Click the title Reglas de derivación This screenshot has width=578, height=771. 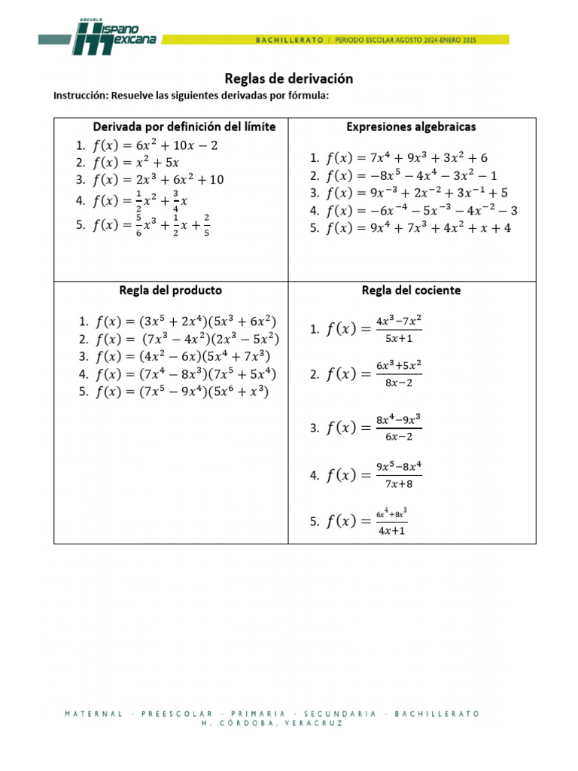point(289,78)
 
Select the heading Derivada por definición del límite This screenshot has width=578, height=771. point(184,126)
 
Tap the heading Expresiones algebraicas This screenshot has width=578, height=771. point(411,127)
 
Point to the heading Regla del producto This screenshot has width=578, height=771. point(171,290)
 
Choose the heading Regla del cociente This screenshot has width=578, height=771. point(411,290)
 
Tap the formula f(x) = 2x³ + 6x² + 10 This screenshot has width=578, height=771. point(159,179)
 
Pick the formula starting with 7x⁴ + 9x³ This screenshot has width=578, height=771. point(407,158)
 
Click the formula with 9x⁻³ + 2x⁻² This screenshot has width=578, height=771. point(418,193)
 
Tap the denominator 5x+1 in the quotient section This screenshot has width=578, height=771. point(399,337)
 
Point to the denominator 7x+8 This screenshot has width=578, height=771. point(399,483)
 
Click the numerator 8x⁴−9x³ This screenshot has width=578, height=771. point(399,419)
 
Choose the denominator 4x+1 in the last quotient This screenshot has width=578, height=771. point(391,529)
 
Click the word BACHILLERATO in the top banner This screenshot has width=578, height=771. point(290,38)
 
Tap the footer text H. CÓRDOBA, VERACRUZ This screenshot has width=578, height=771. point(272,723)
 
